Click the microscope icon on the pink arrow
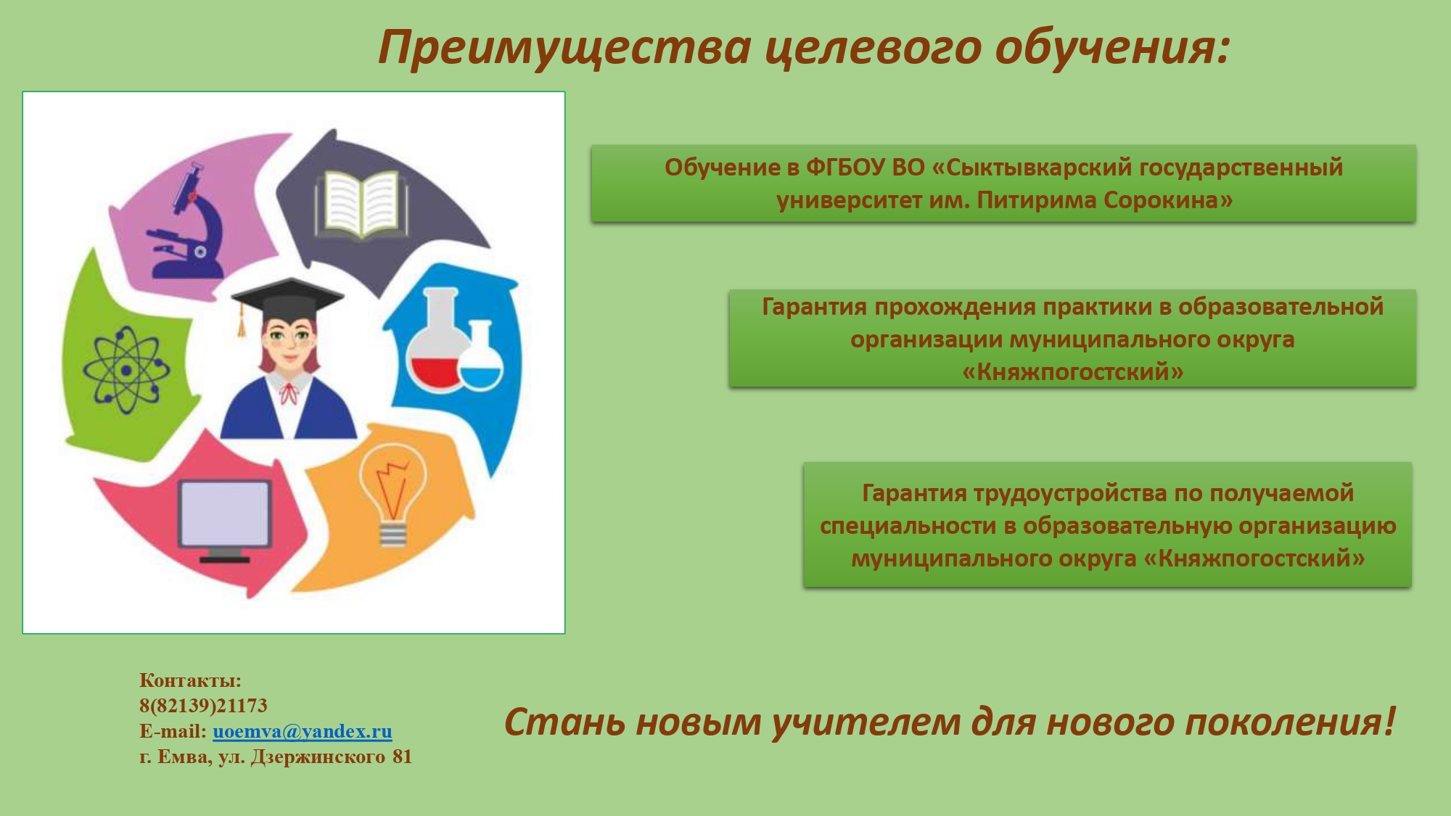pyautogui.click(x=187, y=223)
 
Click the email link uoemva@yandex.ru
pyautogui.click(x=303, y=731)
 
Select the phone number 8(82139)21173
pyautogui.click(x=203, y=705)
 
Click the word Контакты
pyautogui.click(x=190, y=680)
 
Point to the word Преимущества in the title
pyautogui.click(x=564, y=48)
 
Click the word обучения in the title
pyautogui.click(x=1112, y=48)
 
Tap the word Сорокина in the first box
pyautogui.click(x=1168, y=199)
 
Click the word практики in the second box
pyautogui.click(x=1097, y=308)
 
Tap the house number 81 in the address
pyautogui.click(x=402, y=757)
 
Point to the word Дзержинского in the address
pyautogui.click(x=318, y=757)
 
